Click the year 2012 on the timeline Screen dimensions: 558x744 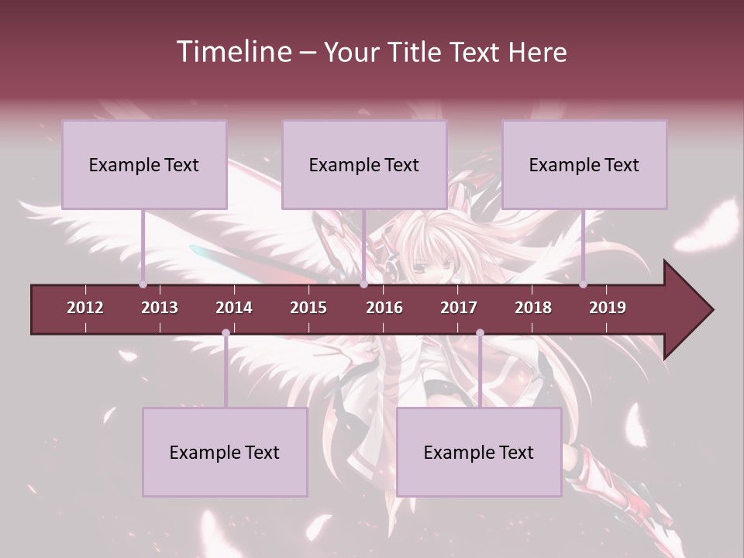(85, 308)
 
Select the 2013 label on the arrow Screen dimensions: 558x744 (160, 308)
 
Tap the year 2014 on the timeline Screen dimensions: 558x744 (234, 308)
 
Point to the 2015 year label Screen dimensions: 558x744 (308, 308)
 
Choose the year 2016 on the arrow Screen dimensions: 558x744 (384, 308)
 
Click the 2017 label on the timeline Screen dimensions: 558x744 (459, 308)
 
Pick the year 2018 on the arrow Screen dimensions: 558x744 (533, 308)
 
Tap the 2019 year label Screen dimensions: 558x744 (608, 308)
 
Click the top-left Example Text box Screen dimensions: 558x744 (144, 164)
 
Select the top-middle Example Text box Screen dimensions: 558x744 (364, 164)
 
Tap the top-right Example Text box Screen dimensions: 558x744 (584, 164)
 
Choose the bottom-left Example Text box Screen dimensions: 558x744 (225, 452)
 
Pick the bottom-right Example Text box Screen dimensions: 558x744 (479, 452)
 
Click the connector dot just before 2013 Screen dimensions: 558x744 (143, 284)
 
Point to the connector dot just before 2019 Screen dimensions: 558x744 (583, 284)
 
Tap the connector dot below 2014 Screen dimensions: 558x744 (226, 333)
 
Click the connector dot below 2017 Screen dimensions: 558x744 (480, 333)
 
